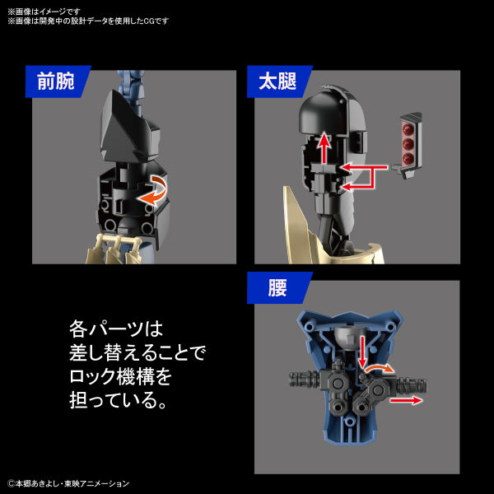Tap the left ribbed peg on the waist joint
306,380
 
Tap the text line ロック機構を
120,377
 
